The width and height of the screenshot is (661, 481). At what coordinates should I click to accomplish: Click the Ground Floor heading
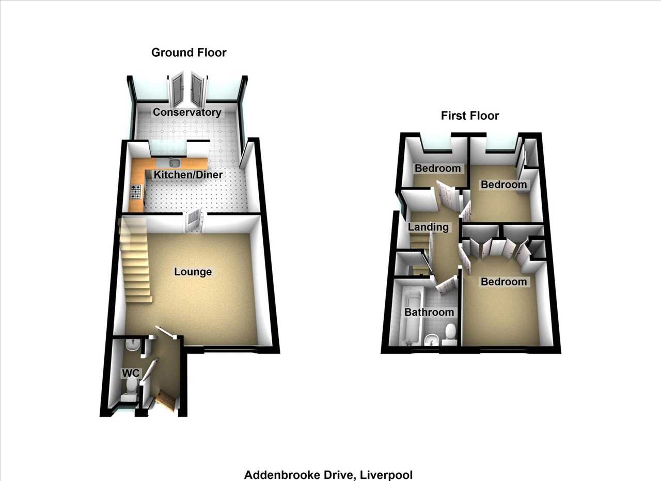[189, 53]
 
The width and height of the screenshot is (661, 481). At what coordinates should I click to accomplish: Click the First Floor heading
[470, 116]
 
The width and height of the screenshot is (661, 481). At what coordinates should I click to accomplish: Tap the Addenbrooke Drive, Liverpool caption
[328, 475]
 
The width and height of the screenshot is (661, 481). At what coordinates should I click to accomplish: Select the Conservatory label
[187, 112]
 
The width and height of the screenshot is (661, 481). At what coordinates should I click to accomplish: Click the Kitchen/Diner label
[188, 175]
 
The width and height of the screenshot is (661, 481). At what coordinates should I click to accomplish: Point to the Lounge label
[193, 272]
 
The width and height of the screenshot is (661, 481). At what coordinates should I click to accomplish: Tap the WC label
[131, 373]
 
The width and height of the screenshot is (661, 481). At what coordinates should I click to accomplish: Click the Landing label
[428, 227]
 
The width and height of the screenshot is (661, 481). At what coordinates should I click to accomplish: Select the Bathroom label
[429, 312]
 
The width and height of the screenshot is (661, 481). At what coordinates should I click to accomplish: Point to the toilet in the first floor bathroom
[449, 335]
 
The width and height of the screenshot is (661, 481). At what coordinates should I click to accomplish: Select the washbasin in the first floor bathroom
[432, 340]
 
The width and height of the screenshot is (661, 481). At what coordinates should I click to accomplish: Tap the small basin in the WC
[133, 344]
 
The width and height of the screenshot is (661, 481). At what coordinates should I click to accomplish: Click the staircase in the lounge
[135, 260]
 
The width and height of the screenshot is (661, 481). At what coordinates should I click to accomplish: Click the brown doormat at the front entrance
[166, 400]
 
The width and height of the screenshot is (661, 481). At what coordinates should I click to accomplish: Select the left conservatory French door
[177, 90]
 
